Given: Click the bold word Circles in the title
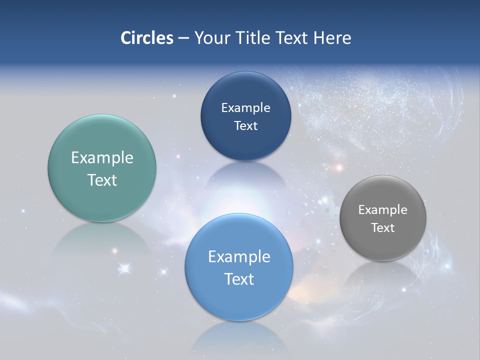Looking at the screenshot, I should (x=146, y=38).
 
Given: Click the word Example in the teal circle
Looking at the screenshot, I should (x=102, y=158).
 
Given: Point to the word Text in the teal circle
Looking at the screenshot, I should (x=102, y=180).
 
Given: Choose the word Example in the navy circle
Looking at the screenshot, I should (x=245, y=108).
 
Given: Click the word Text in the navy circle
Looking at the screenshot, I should (x=245, y=126).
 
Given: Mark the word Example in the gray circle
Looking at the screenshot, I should (x=383, y=210).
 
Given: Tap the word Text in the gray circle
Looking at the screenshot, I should (x=383, y=228).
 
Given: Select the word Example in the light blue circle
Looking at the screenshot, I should (x=239, y=257).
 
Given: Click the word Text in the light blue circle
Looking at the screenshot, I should (x=239, y=279).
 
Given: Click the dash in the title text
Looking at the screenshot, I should (x=183, y=38).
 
